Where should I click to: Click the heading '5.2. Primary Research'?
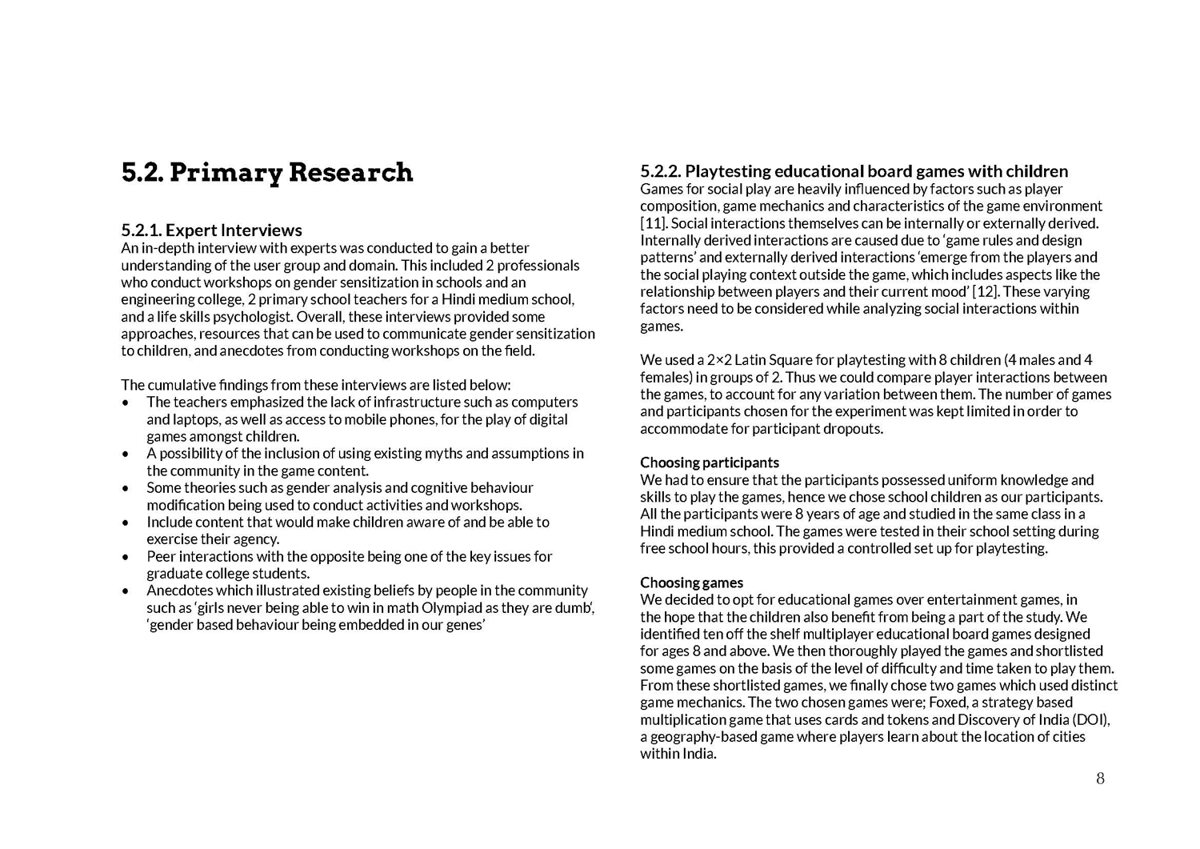267,173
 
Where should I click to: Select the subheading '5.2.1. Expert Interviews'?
211,231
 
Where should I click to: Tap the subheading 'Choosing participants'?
709,463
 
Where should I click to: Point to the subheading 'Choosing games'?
691,583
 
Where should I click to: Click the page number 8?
1100,779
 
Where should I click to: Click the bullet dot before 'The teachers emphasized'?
126,402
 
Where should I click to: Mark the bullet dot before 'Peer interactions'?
126,557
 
